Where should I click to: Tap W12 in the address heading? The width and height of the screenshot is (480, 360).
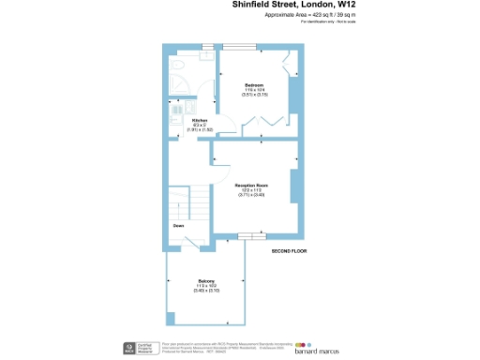[x=344, y=5]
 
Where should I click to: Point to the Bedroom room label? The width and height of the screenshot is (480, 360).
[x=254, y=85]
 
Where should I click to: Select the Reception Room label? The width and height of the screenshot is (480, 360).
[x=252, y=186]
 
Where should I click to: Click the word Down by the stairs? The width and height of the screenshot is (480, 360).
[x=178, y=226]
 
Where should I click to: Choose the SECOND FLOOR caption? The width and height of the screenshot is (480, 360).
[x=290, y=251]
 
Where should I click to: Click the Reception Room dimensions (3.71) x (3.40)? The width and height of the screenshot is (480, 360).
[x=252, y=195]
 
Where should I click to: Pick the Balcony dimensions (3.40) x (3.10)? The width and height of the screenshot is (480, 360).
[x=206, y=291]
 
